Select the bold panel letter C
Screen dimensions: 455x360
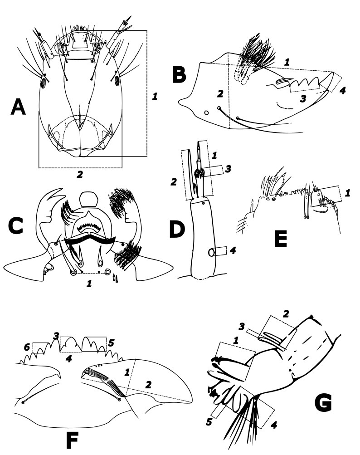click(x=17, y=226)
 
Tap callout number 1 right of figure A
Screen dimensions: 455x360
click(x=155, y=96)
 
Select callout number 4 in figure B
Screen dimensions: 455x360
click(x=342, y=90)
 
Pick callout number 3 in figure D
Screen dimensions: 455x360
click(x=229, y=169)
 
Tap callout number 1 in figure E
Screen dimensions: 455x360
click(x=347, y=193)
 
